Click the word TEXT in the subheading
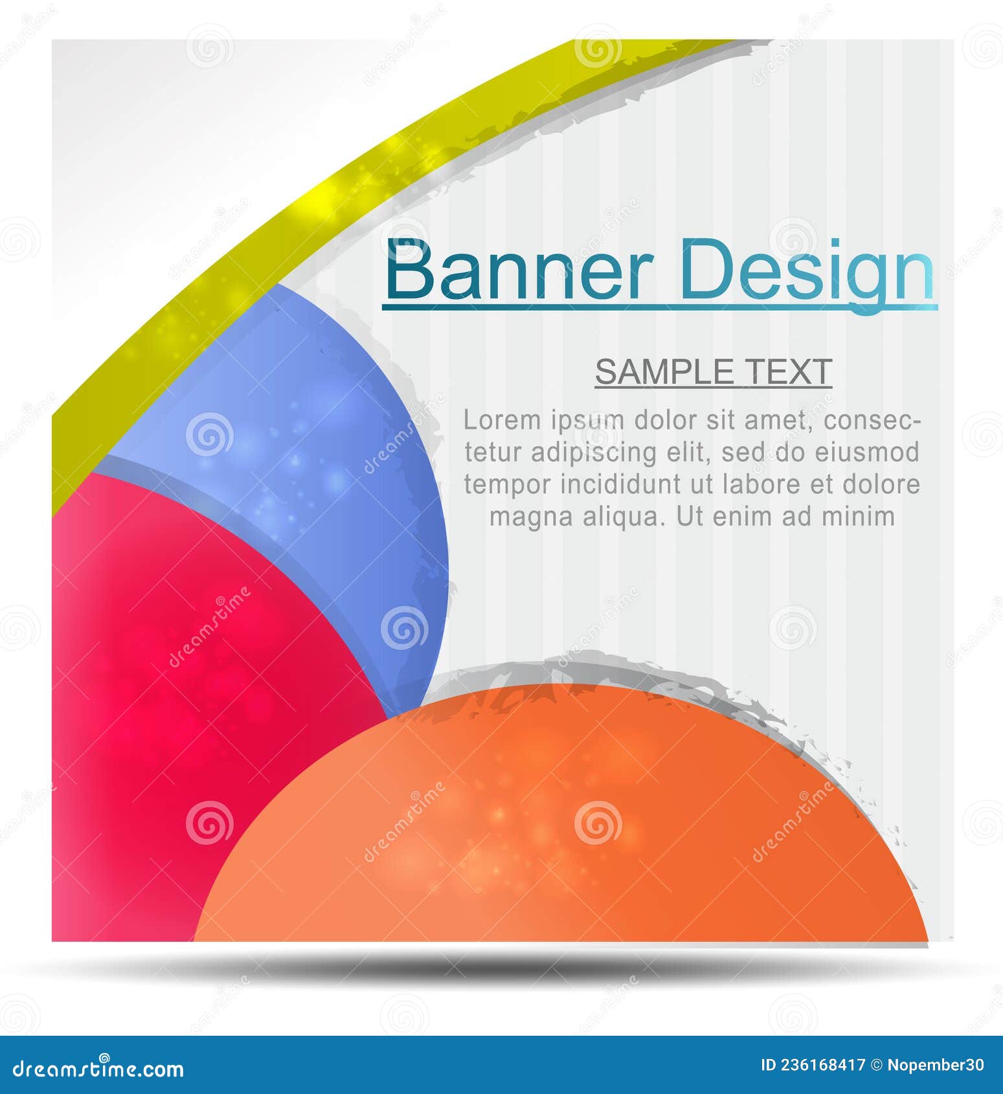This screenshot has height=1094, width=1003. [789, 372]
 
